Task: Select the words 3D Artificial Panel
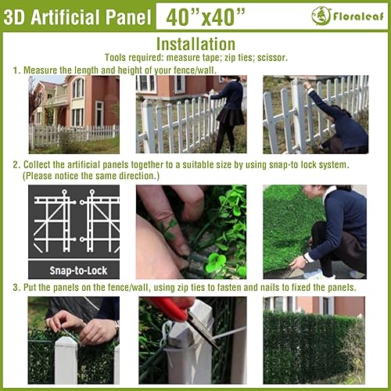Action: pos(76,16)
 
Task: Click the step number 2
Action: pos(16,167)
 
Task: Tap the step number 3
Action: pos(16,287)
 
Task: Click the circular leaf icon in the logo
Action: pos(321,15)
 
